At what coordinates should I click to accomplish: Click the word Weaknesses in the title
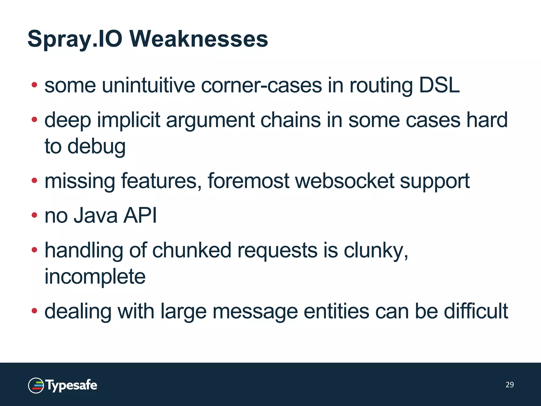pos(199,39)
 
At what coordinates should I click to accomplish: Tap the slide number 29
pos(510,385)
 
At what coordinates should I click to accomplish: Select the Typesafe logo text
pos(71,385)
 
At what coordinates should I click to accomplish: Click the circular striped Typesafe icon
pos(36,385)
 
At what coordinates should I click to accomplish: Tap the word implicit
pos(129,120)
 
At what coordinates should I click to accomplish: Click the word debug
pos(96,146)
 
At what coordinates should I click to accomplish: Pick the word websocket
pos(344,181)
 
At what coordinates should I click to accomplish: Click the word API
pos(140,215)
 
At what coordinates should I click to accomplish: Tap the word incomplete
pos(95,276)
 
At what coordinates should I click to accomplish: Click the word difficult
pos(476,311)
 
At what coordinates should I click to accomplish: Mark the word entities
pos(336,311)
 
